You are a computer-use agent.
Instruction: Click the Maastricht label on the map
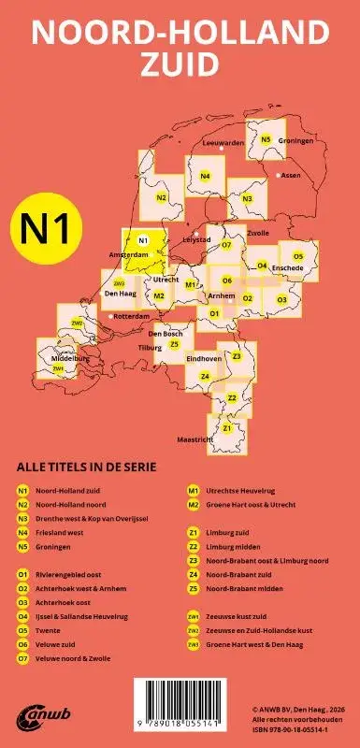tap(194, 439)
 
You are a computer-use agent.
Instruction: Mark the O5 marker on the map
tap(298, 255)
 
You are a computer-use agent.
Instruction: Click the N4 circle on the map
tap(205, 177)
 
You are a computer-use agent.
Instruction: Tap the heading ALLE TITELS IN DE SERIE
tap(86, 467)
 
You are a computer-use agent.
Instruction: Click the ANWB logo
tap(35, 717)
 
